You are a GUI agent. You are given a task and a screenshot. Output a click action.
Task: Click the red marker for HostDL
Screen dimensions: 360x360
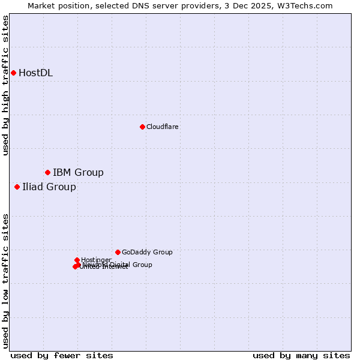(13, 73)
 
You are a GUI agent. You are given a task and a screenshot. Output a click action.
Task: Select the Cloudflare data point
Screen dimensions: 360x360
(142, 127)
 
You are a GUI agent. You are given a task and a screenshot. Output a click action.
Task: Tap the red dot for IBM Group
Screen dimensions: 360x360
(47, 172)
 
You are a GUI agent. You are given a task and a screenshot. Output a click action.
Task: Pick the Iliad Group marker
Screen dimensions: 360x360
(17, 187)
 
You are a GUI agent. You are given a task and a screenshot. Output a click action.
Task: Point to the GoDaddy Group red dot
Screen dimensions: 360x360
(118, 252)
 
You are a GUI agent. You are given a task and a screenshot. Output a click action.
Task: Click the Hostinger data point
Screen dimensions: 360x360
(77, 260)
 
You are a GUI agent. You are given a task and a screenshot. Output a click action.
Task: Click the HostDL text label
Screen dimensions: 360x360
(35, 73)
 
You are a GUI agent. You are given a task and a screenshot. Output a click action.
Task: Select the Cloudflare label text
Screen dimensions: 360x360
(163, 127)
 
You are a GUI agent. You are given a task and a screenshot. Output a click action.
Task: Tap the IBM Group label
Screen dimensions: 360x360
(78, 173)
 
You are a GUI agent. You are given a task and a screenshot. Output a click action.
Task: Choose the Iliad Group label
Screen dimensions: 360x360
(49, 187)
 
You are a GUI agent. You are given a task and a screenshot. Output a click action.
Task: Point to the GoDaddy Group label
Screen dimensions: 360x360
(147, 252)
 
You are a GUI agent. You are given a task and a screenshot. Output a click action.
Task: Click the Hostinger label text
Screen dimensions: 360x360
(97, 260)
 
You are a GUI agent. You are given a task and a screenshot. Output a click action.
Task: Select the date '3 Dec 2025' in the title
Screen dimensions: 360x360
(259, 5)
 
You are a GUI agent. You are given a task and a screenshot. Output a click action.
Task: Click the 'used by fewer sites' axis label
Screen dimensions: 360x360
(62, 355)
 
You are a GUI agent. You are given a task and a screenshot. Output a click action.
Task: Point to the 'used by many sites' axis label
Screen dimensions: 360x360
(301, 355)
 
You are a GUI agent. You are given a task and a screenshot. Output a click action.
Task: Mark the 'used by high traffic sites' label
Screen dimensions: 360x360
(5, 85)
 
